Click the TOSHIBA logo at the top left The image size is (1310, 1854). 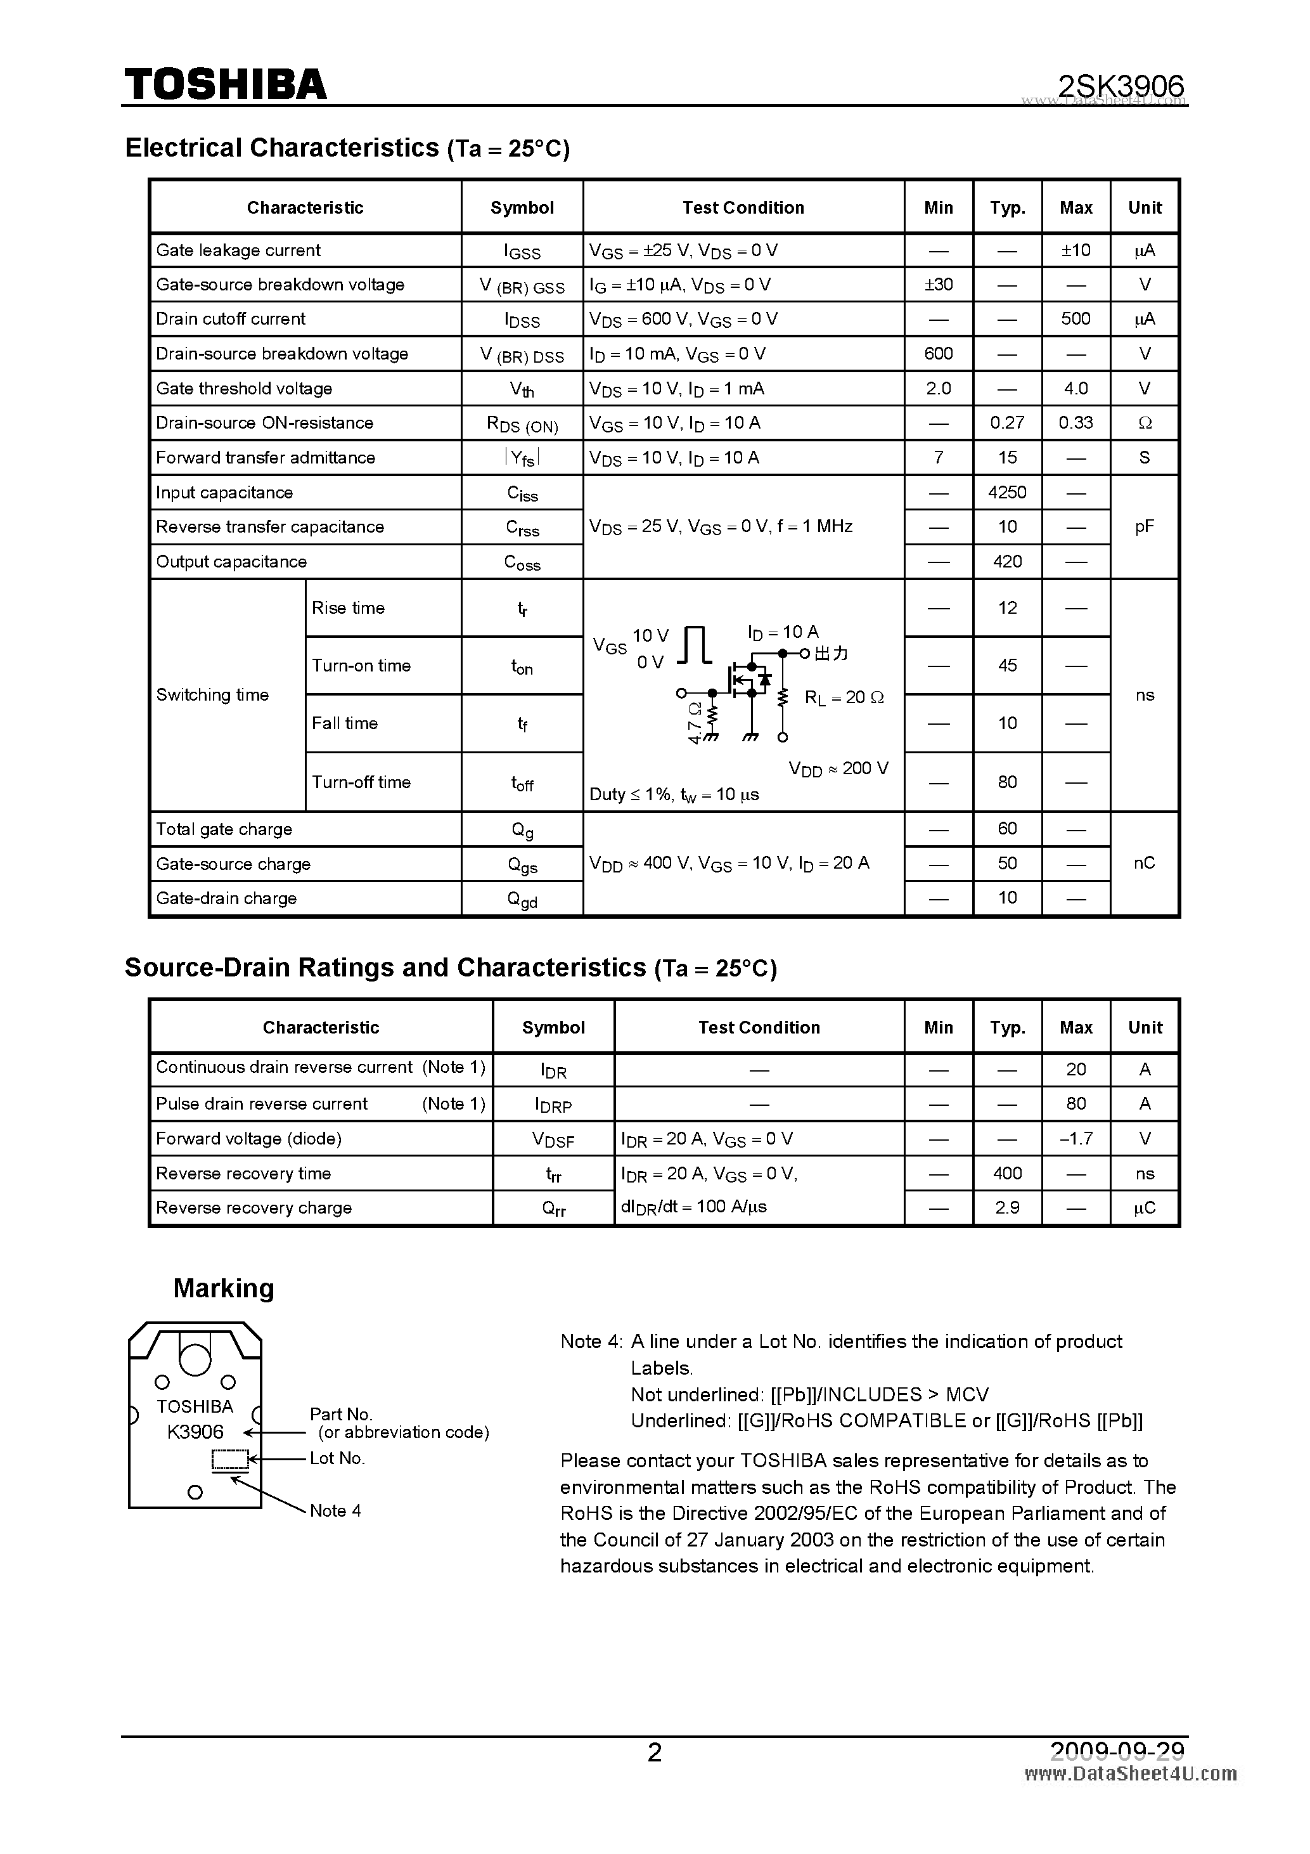point(225,84)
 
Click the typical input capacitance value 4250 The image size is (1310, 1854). point(1006,493)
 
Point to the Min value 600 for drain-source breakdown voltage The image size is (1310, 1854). point(938,354)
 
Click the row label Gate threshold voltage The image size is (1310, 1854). point(244,389)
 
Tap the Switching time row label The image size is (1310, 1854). point(212,695)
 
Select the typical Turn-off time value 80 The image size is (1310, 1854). point(1006,782)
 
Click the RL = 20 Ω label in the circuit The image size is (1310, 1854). point(844,697)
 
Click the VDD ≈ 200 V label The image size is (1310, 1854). point(838,768)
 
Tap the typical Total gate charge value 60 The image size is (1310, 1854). point(1006,829)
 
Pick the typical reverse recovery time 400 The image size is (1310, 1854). point(1006,1173)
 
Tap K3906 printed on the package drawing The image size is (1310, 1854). point(195,1432)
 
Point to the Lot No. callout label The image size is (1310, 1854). point(337,1458)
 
